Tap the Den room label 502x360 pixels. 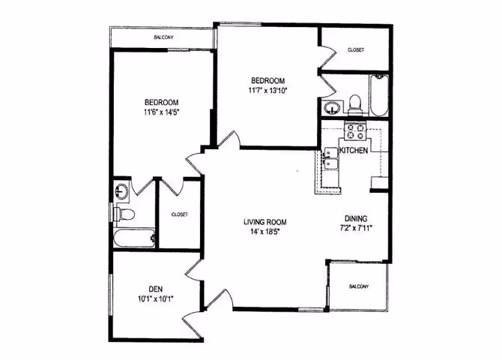(155, 288)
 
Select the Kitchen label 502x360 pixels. (353, 151)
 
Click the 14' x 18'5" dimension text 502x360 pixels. (265, 232)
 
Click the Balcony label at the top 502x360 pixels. (164, 37)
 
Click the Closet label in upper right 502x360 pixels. (356, 50)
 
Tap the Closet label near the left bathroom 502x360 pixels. (179, 214)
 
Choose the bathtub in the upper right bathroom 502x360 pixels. (378, 95)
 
